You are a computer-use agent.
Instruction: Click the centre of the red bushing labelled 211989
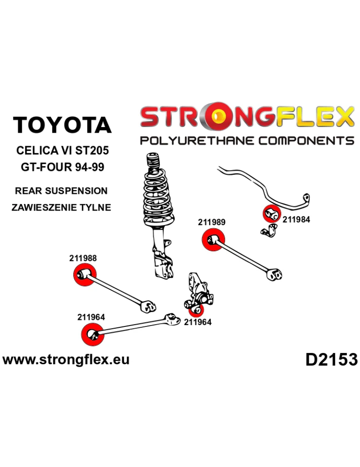click(213, 240)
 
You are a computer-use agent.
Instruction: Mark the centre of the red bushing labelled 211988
click(85, 275)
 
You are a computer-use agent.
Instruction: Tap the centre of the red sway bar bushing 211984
click(272, 214)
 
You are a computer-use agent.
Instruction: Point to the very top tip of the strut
click(152, 154)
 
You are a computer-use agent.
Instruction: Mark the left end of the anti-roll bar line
click(218, 169)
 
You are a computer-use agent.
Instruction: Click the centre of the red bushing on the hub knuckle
click(196, 310)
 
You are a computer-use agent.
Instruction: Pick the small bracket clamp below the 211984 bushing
click(269, 231)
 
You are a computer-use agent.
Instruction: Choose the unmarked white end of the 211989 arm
click(275, 274)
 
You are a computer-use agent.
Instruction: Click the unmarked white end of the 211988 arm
click(148, 306)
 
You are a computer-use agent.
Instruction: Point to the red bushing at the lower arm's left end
click(92, 334)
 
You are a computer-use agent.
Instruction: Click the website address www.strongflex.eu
click(66, 360)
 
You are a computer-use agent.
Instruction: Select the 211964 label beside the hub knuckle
click(198, 322)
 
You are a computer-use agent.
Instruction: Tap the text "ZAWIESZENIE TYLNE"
click(61, 207)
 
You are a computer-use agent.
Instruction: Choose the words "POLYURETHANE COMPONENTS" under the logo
click(247, 140)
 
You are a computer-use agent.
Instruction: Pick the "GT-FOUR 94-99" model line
click(63, 167)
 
